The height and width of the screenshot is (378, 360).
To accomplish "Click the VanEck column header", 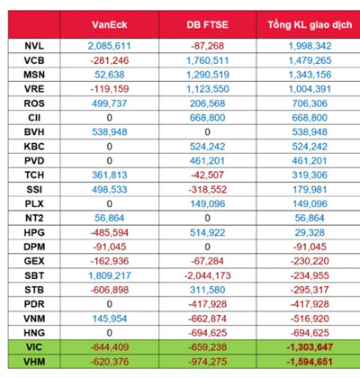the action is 110,24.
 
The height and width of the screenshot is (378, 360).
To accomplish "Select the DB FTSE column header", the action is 208,24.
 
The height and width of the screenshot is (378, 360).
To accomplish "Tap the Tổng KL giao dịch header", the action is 310,25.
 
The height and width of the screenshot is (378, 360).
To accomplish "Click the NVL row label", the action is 34,46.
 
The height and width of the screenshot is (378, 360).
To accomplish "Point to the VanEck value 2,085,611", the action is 110,46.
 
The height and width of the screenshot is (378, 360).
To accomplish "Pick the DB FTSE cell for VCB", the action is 208,60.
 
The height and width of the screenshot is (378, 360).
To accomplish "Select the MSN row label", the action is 34,75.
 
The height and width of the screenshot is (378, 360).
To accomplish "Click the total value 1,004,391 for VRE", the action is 310,89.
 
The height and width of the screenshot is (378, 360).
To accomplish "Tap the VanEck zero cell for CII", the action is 110,118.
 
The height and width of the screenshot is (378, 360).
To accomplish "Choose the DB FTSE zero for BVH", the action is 207,132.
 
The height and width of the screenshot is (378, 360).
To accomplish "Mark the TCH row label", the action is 34,175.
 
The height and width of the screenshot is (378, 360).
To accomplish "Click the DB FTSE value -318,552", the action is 208,190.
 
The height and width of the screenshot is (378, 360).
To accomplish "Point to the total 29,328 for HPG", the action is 310,232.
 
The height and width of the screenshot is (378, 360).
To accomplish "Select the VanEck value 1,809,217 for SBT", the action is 110,275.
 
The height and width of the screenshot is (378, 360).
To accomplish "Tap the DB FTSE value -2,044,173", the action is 208,275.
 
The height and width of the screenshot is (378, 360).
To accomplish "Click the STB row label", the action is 34,290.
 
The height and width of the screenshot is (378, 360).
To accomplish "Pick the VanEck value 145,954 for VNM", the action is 110,319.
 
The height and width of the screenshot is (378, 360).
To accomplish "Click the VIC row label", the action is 34,347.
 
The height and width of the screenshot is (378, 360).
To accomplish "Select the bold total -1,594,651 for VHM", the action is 310,362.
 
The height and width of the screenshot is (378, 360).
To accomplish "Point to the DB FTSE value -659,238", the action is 208,347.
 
